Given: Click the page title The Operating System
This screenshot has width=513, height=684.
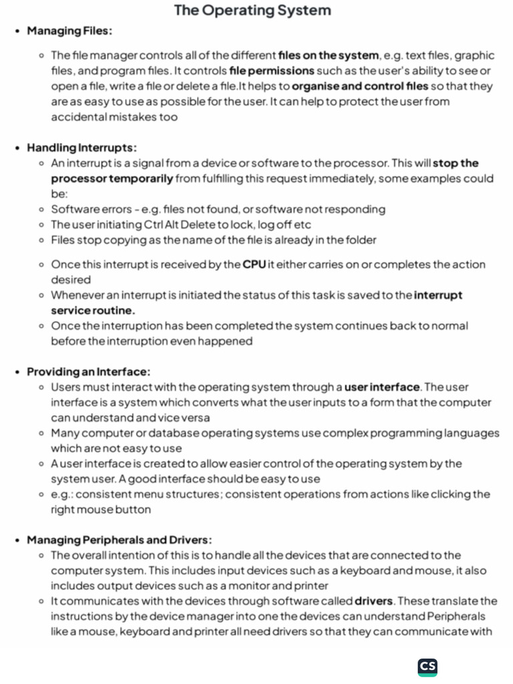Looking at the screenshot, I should pos(252,11).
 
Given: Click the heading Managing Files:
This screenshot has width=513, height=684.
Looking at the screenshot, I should pos(69,31).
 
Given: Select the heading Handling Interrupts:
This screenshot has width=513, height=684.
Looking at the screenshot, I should pos(81,148).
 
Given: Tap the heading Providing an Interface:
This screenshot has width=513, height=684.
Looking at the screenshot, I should pos(88,371).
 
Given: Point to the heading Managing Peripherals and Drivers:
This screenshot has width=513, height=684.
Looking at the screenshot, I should pos(120,540).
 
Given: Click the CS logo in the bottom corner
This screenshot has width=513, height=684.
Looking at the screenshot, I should pos(427,667).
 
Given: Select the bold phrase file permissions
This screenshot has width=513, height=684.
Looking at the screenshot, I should pos(272,71).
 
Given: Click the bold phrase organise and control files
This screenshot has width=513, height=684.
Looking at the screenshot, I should pos(359,86).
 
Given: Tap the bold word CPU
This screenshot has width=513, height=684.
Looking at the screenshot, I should pos(254,265).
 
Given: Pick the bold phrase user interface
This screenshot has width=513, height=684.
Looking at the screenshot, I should pos(382,387).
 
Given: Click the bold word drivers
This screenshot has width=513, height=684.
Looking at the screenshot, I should pos(373,601).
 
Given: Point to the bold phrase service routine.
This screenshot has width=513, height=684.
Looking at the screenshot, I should pos(93,311).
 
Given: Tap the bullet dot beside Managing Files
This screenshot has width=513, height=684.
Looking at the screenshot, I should pos(17,31).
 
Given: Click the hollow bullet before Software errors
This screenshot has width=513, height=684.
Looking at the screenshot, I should pos(41,209).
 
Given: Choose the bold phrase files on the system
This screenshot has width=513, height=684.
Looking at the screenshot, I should pos(328,55).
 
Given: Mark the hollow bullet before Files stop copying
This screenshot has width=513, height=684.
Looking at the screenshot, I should pos(41,240).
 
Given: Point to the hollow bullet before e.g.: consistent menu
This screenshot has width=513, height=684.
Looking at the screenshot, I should pos(41,494).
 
